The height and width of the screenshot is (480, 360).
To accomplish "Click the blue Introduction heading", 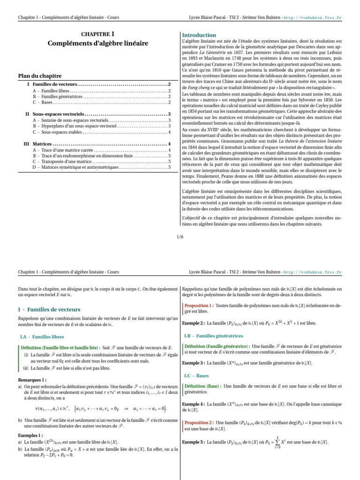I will click(199, 35).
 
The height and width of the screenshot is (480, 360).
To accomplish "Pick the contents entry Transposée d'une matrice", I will click(65, 161).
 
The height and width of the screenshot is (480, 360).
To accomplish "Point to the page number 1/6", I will click(180, 237).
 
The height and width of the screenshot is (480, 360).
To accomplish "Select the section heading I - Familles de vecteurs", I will click(49, 309).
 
